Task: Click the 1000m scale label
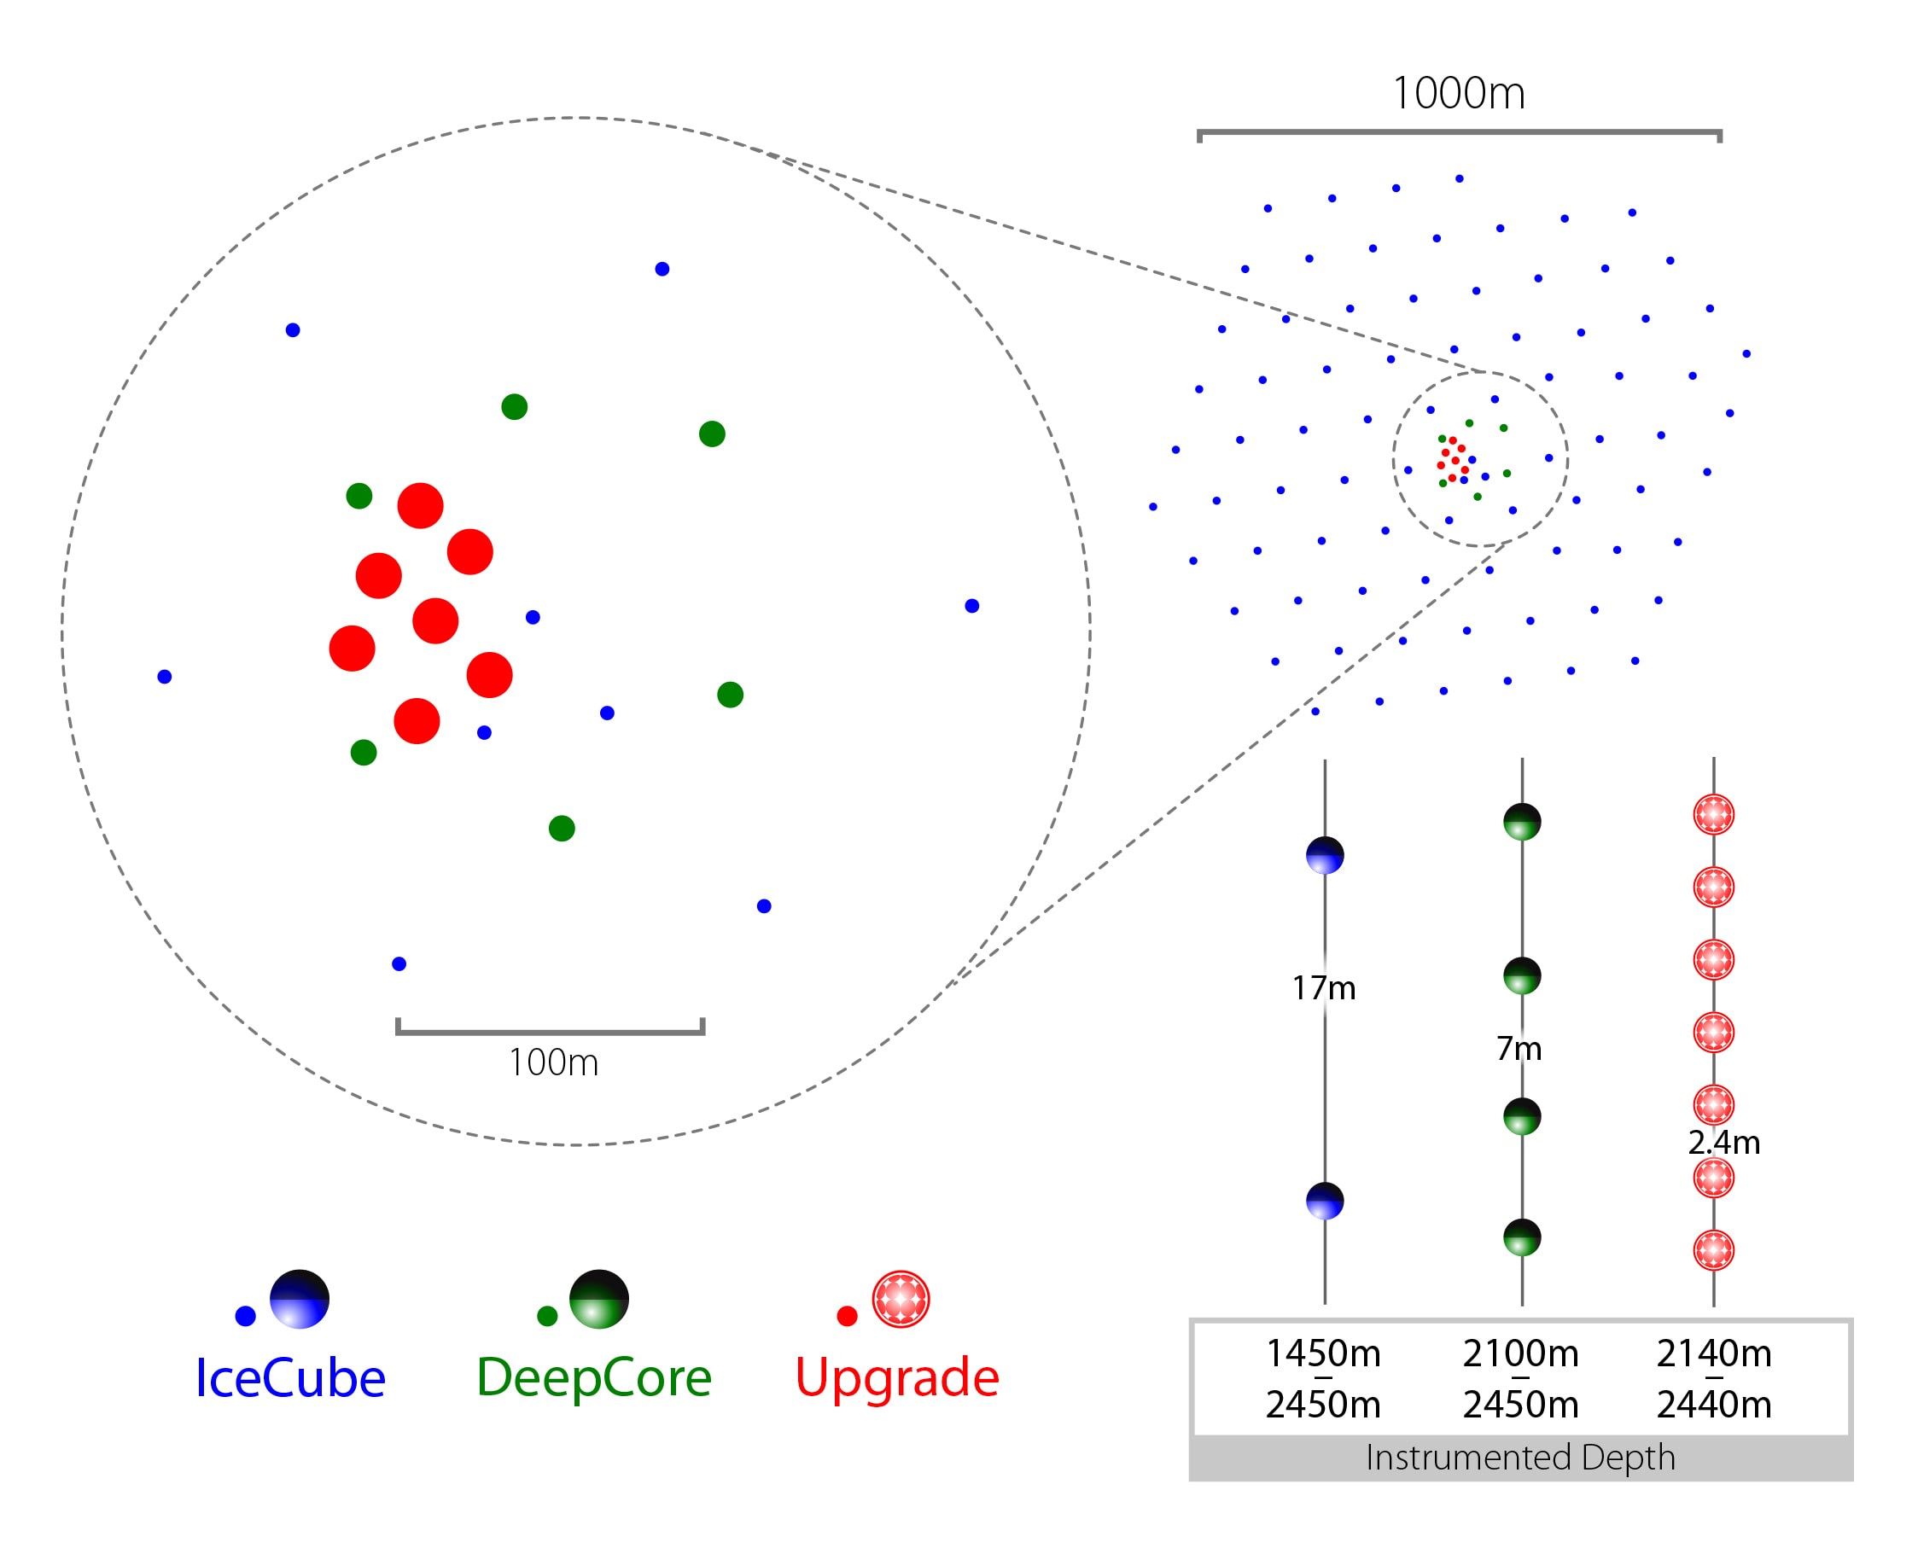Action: pos(1458,93)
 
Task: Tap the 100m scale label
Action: pos(553,1062)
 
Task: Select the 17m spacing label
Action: pos(1323,988)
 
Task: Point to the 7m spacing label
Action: pos(1519,1048)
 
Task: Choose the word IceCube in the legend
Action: pos(290,1377)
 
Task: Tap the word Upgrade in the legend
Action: pos(896,1377)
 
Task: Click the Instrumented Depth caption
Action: pos(1519,1458)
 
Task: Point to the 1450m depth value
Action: pos(1322,1353)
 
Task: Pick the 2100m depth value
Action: pos(1520,1353)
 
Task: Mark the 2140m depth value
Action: pos(1714,1353)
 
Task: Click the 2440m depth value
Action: pos(1714,1405)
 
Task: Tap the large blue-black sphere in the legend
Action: pos(299,1299)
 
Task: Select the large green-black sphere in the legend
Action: pos(599,1299)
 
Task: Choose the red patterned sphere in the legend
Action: pos(901,1299)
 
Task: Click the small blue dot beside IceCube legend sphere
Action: pos(245,1316)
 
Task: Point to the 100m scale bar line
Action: pos(550,1032)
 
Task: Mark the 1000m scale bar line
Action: pos(1459,133)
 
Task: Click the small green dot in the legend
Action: pos(547,1316)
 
